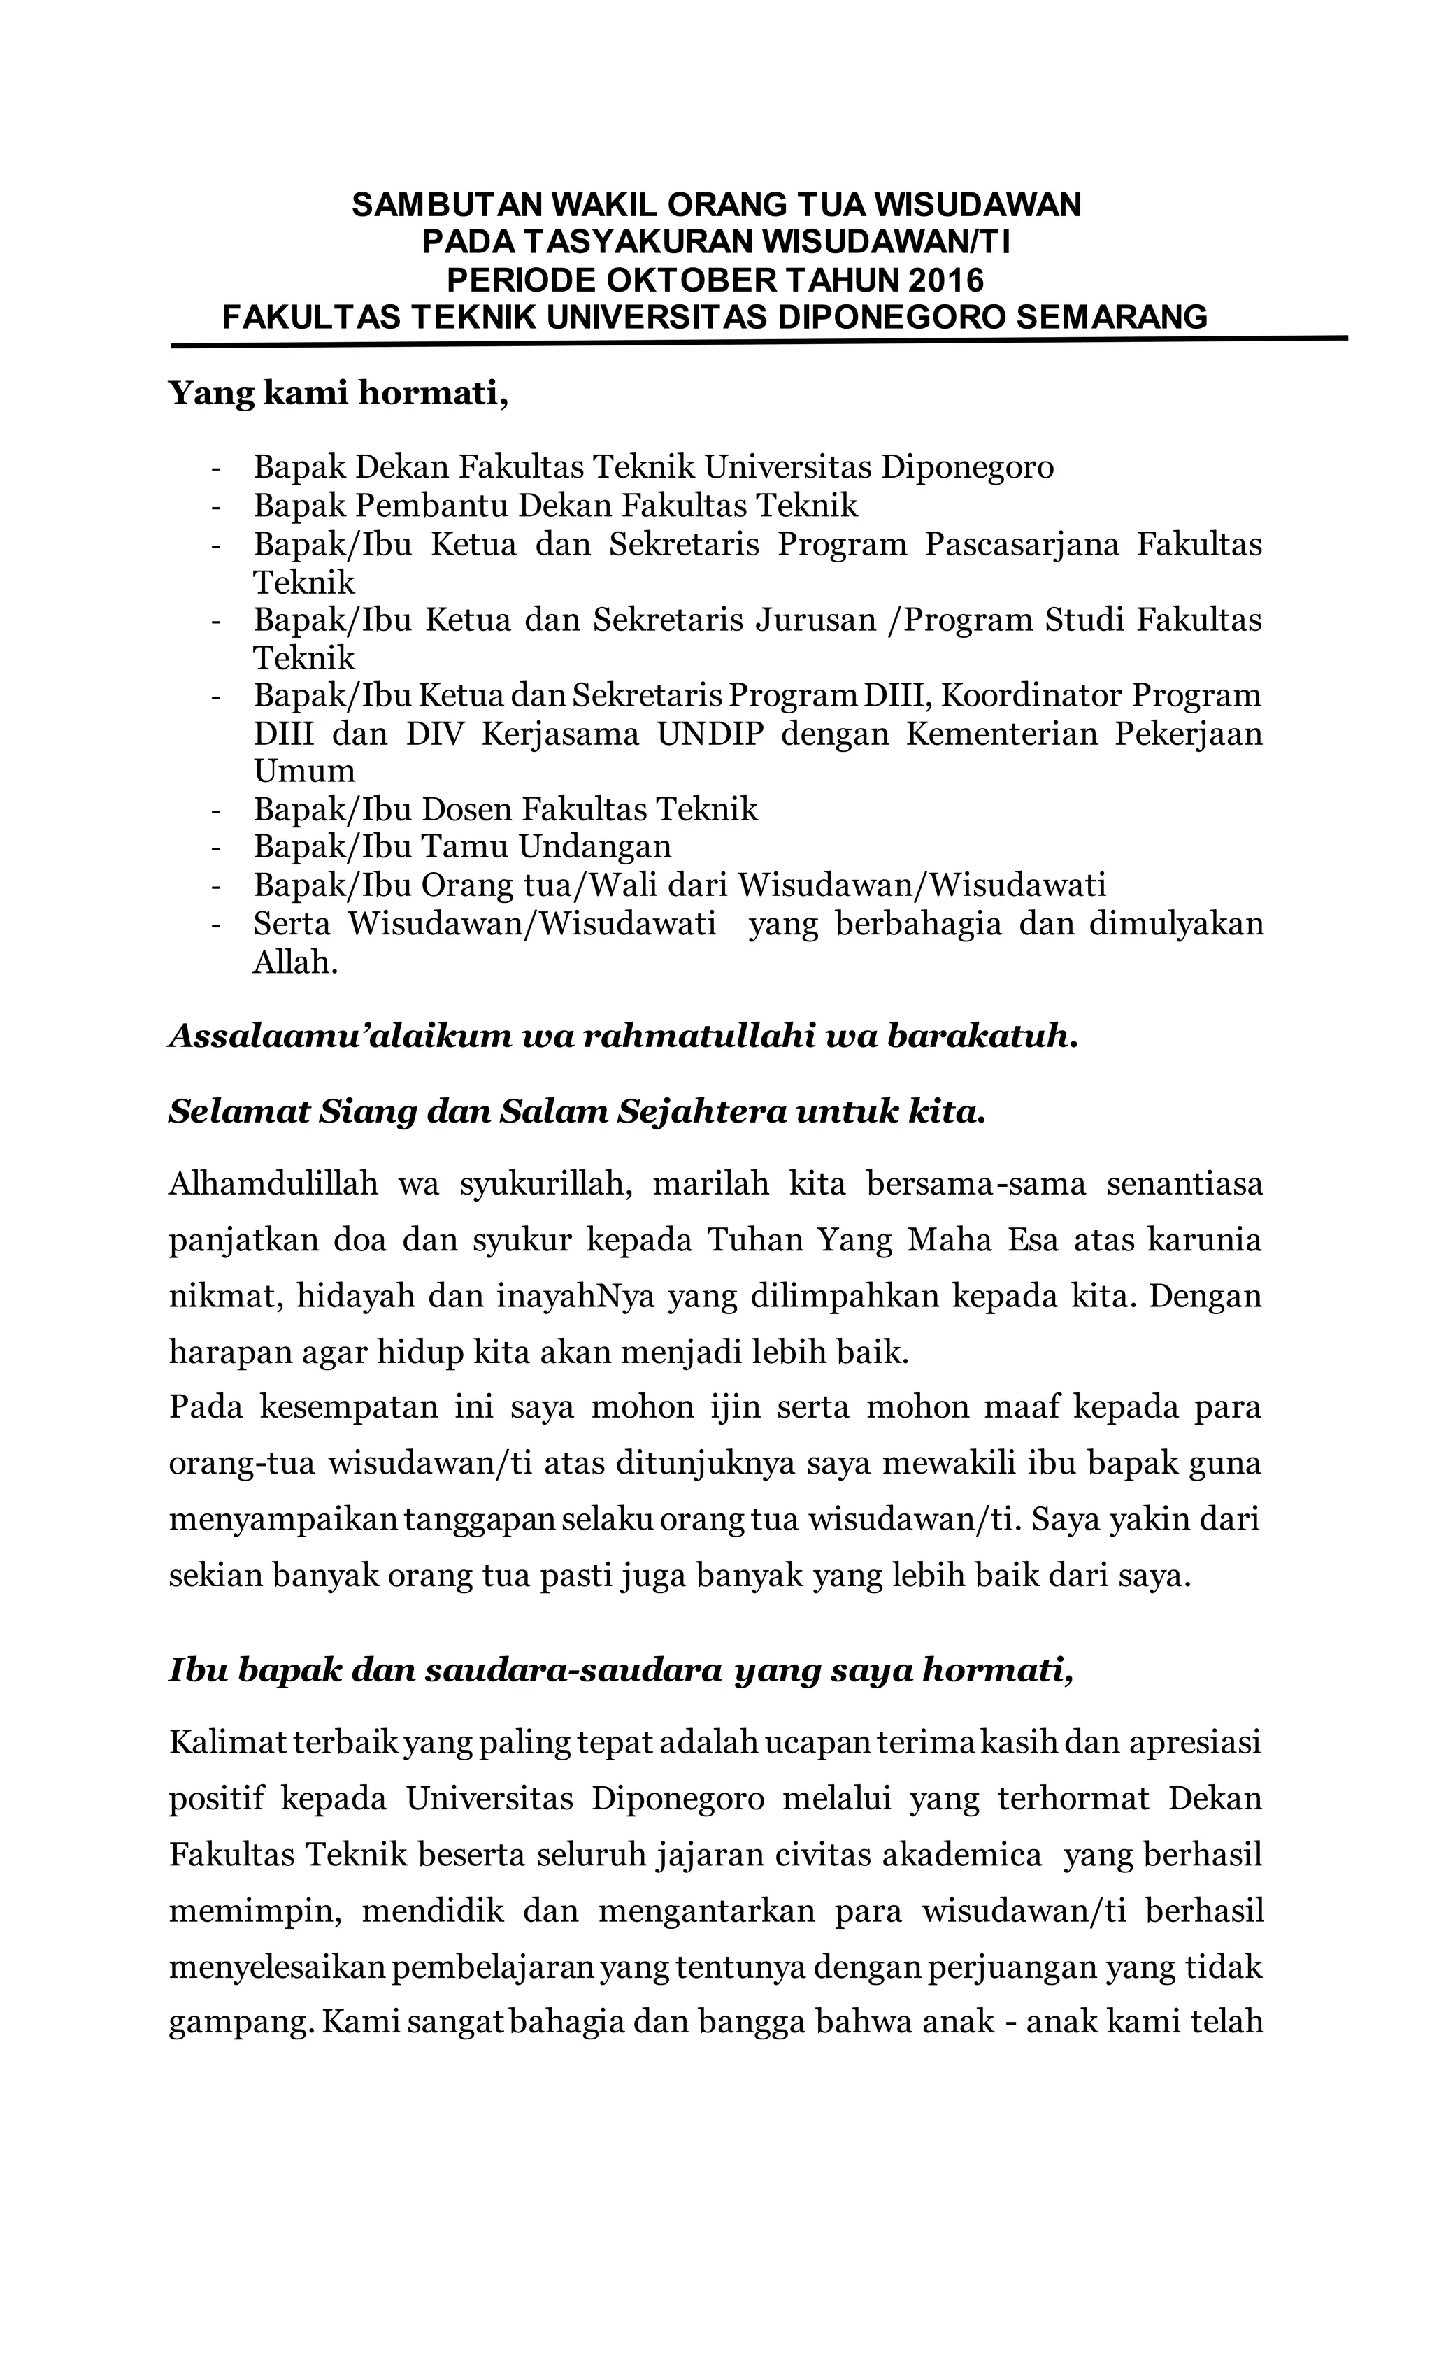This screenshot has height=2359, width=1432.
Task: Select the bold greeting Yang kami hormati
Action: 337,392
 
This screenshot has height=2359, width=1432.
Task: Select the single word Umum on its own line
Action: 303,771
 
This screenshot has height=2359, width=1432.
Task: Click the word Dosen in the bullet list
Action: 468,809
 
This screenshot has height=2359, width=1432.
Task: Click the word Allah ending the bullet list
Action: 295,962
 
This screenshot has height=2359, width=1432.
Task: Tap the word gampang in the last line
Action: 239,2021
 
